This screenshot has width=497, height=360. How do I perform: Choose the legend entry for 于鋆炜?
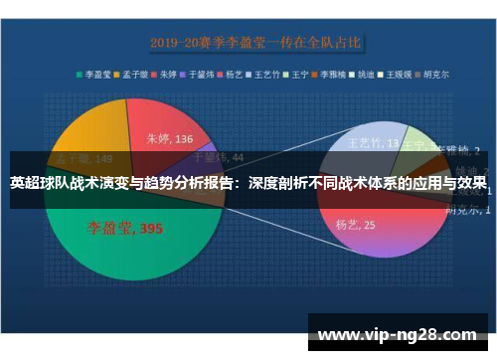tap(202, 74)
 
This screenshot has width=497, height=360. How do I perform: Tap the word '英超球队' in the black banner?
tap(39, 183)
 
